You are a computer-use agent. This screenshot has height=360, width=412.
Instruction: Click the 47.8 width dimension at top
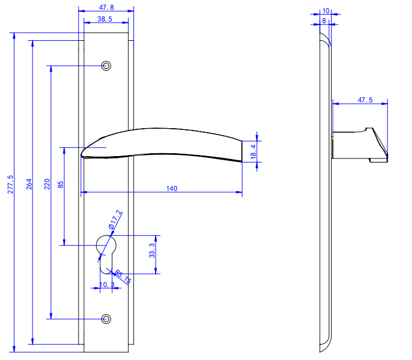click(106, 8)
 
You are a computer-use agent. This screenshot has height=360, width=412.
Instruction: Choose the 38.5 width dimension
click(105, 19)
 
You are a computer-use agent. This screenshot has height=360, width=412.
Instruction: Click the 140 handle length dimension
click(171, 188)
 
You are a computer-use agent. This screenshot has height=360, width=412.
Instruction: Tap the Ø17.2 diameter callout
click(114, 220)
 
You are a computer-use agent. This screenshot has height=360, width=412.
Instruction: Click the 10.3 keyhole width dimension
click(107, 284)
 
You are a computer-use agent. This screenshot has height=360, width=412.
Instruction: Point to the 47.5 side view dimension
click(365, 100)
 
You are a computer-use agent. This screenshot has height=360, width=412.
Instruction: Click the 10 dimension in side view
click(326, 10)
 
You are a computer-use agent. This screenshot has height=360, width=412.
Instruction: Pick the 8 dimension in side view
click(324, 21)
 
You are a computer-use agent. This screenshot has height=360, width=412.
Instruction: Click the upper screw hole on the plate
click(106, 65)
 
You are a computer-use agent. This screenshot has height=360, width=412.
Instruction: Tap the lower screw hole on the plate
click(105, 319)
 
